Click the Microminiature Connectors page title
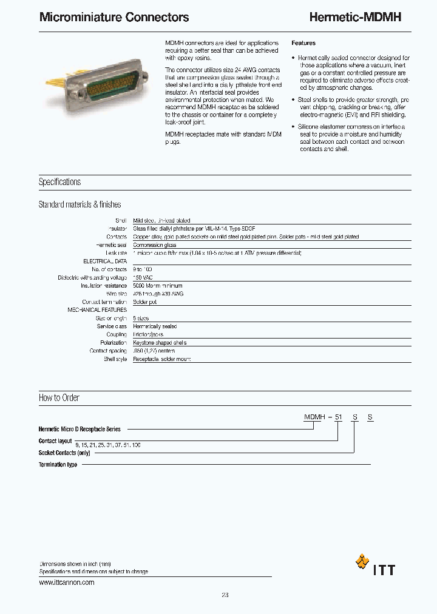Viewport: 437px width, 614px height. tap(113, 18)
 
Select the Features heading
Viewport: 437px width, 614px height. tap(303, 44)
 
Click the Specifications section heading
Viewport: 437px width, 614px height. tap(59, 182)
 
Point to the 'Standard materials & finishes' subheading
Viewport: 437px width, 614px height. tap(80, 205)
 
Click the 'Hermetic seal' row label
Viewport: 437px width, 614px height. tap(111, 245)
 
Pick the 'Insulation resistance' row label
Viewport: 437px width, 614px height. tap(104, 286)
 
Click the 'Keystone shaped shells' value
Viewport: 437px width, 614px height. tap(160, 343)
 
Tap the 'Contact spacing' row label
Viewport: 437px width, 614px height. tap(108, 351)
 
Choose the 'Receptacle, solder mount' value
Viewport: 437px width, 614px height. tap(162, 359)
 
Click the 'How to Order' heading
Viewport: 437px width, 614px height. tap(59, 398)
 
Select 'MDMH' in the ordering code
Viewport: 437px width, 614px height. tap(313, 418)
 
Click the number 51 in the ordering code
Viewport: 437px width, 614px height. tap(339, 418)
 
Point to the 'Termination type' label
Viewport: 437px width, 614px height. tap(58, 465)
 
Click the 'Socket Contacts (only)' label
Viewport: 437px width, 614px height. tap(64, 453)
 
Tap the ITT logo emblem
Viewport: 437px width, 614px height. tap(362, 562)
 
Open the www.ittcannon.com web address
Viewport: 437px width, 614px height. tap(66, 582)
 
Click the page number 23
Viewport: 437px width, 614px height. tap(225, 595)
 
